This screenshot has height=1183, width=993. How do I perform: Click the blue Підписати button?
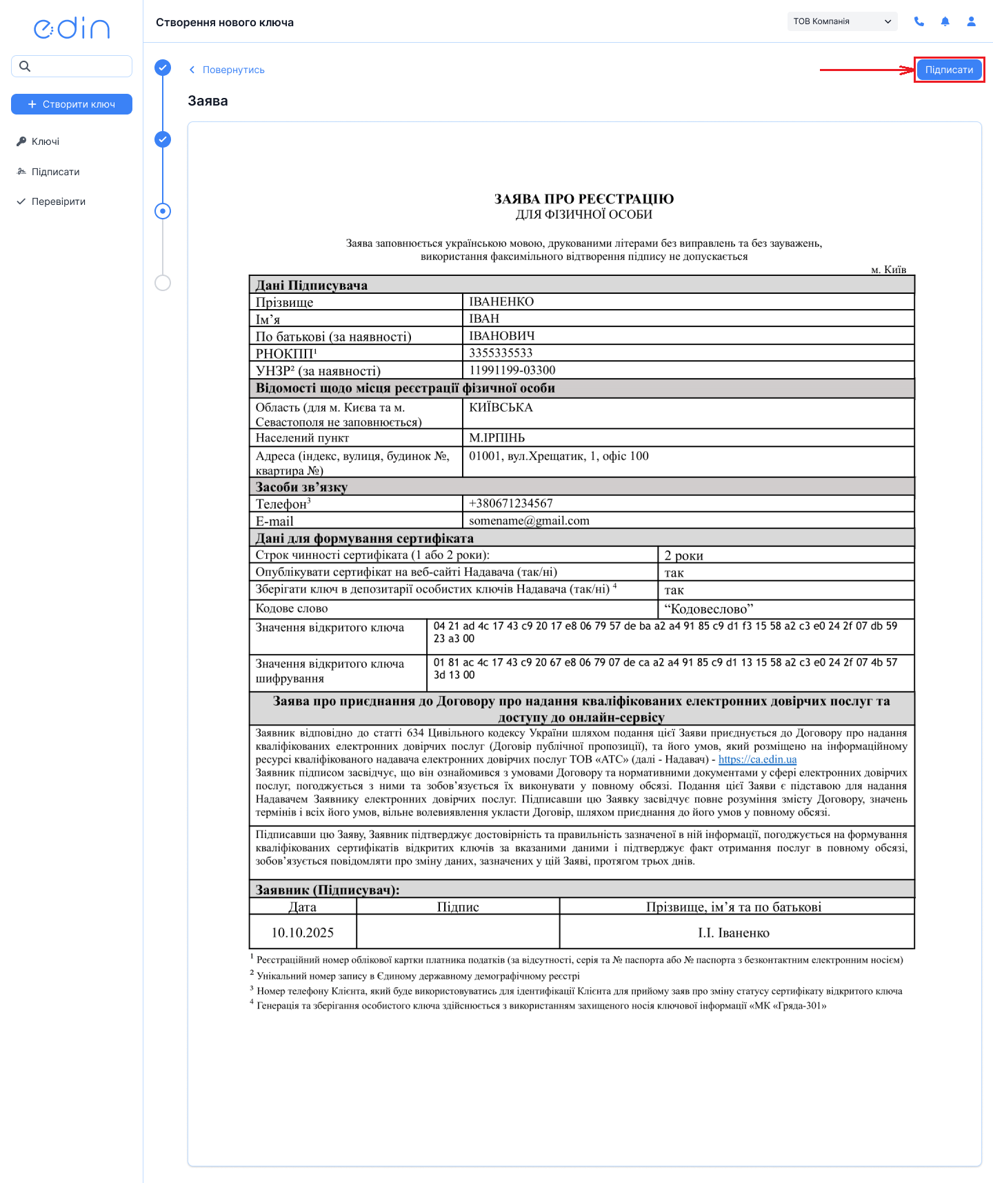pyautogui.click(x=949, y=70)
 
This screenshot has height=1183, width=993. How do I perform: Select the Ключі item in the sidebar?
pyautogui.click(x=46, y=141)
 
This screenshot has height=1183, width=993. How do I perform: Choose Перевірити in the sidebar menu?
pyautogui.click(x=58, y=201)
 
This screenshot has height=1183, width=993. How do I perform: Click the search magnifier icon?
pyautogui.click(x=25, y=66)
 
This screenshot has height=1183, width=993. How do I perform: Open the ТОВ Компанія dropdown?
pyautogui.click(x=842, y=21)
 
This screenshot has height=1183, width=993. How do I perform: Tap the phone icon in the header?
pyautogui.click(x=919, y=21)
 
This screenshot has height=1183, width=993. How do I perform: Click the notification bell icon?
pyautogui.click(x=945, y=21)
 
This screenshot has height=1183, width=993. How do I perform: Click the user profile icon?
pyautogui.click(x=971, y=21)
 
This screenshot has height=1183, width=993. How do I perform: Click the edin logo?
pyautogui.click(x=72, y=28)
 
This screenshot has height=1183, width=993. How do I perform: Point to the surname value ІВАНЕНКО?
pyautogui.click(x=501, y=301)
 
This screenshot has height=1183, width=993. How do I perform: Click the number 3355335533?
pyautogui.click(x=501, y=353)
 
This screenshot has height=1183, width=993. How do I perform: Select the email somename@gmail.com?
pyautogui.click(x=529, y=521)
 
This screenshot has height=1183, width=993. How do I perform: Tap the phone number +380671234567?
pyautogui.click(x=511, y=504)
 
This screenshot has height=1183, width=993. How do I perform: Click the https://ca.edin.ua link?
pyautogui.click(x=757, y=759)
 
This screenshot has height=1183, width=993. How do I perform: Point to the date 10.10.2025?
pyautogui.click(x=302, y=933)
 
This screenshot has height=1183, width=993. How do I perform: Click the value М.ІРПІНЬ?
pyautogui.click(x=496, y=438)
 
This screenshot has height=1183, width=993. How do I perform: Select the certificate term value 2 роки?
pyautogui.click(x=683, y=555)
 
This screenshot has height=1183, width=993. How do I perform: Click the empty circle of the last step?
pyautogui.click(x=163, y=283)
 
